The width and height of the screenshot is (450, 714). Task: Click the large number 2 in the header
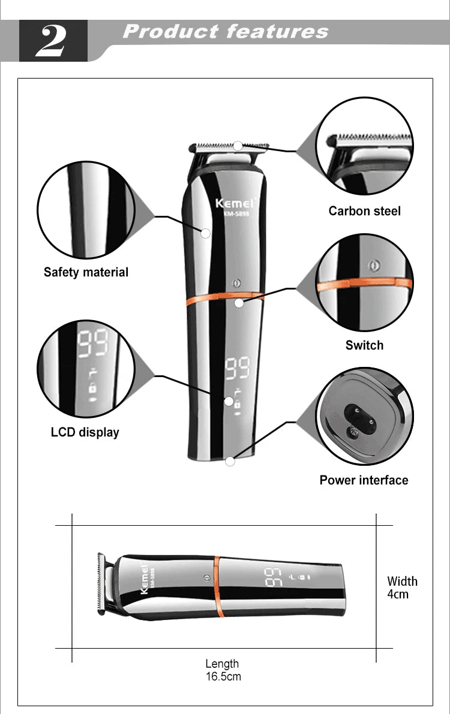[53, 41]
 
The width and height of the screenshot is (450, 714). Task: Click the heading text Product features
[226, 32]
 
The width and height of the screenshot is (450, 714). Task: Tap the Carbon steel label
[364, 211]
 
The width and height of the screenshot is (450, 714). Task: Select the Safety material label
[86, 272]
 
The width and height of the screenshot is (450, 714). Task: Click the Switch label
[364, 345]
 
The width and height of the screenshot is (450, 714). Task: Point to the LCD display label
[85, 432]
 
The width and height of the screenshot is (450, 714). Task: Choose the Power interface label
[364, 480]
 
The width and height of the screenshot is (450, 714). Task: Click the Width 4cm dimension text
[402, 588]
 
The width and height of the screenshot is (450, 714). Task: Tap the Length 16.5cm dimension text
[223, 670]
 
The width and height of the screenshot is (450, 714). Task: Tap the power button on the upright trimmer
[236, 282]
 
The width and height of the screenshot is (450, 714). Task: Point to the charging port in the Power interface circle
[360, 418]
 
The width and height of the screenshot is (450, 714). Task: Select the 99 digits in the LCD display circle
[93, 343]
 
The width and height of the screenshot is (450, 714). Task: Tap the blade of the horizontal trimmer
[101, 584]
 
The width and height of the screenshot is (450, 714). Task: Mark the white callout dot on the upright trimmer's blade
[238, 146]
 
